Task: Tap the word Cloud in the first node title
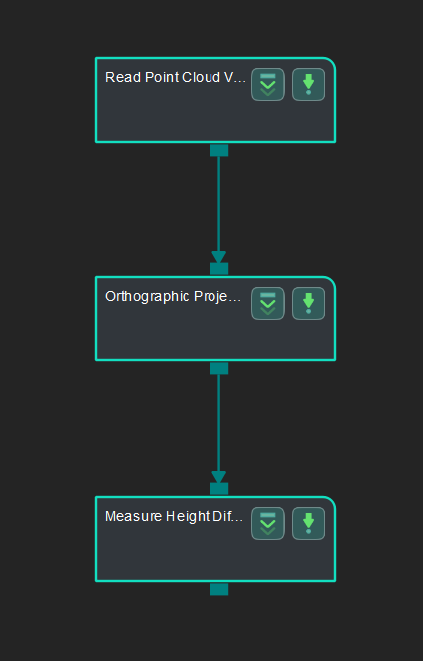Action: [x=203, y=77]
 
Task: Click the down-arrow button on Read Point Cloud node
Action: [x=308, y=84]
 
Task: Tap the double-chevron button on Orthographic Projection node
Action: [x=268, y=303]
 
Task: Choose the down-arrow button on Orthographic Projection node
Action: [x=308, y=303]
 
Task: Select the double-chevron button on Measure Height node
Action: [x=268, y=523]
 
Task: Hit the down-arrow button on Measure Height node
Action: [x=308, y=523]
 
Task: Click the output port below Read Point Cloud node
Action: [x=219, y=150]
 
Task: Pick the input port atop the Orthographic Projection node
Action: [x=219, y=268]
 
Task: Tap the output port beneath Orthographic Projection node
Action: [x=219, y=368]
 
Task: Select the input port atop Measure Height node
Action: [x=219, y=488]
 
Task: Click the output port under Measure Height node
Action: [x=219, y=589]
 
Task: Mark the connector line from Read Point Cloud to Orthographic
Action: [x=219, y=200]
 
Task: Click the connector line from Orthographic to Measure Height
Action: [x=219, y=419]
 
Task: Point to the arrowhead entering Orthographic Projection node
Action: [x=219, y=257]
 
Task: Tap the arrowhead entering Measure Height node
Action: [x=219, y=477]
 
